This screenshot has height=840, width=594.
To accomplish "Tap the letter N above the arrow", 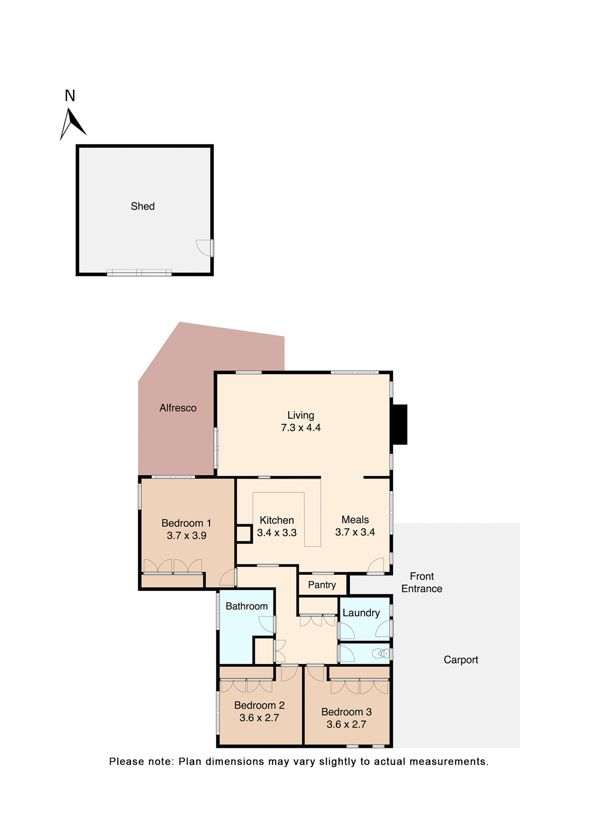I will [x=70, y=96].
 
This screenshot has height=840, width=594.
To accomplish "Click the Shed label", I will [x=143, y=206].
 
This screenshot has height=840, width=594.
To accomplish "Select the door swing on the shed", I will [x=203, y=248].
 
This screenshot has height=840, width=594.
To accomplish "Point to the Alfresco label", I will [x=178, y=408].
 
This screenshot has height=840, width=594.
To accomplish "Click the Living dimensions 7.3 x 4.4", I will [x=300, y=428].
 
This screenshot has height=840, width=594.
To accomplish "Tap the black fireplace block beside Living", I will [x=399, y=424].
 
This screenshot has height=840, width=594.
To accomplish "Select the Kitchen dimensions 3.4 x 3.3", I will [x=276, y=533].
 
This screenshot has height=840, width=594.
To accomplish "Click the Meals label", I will [x=355, y=520].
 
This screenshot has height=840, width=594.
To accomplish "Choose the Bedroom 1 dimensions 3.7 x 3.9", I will [x=186, y=535].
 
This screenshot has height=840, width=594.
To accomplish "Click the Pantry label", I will [x=322, y=585].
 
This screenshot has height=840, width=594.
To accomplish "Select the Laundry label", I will [x=361, y=613].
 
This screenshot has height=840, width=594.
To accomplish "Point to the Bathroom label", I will [x=247, y=606].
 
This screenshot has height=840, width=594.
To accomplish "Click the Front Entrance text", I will [x=422, y=582].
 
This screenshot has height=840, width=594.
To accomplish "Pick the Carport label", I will [x=461, y=660].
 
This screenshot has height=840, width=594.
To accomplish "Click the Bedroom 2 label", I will [x=259, y=705].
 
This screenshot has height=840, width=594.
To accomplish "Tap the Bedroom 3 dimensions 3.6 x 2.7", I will [x=346, y=724].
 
